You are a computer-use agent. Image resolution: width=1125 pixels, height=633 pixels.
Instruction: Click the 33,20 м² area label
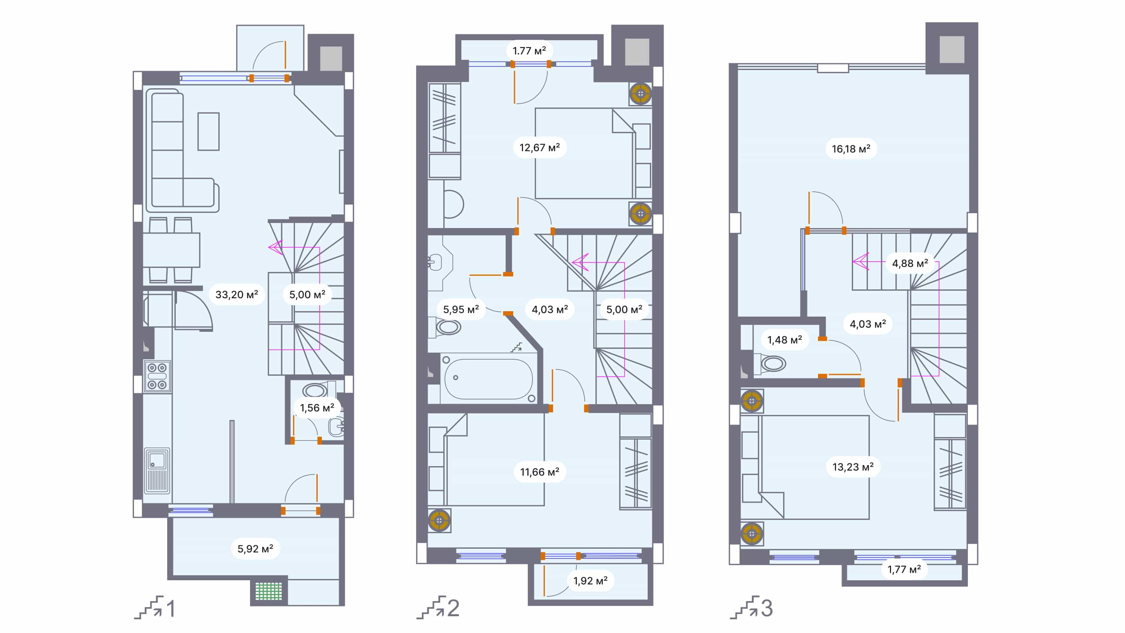point(236,295)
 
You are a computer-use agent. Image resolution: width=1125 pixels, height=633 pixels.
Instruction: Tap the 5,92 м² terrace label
point(255,549)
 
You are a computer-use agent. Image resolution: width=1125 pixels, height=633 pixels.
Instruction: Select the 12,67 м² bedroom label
point(539,148)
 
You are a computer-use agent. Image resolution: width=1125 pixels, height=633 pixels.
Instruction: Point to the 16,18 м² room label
point(851,149)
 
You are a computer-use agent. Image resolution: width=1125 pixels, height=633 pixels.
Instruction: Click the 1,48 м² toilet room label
point(784,340)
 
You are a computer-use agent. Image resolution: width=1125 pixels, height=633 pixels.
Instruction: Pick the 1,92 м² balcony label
point(590,581)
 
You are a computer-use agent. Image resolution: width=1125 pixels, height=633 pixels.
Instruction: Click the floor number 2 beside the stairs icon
point(453,608)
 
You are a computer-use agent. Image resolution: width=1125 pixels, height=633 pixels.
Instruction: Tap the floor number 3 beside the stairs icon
point(767,608)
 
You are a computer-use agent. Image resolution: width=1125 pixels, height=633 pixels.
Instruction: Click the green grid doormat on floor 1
point(269,592)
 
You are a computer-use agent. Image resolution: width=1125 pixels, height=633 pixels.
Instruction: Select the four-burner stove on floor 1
point(157,376)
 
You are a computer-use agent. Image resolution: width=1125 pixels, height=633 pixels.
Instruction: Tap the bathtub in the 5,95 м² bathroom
point(488,379)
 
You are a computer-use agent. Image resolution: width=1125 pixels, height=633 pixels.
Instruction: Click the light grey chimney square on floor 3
point(952,50)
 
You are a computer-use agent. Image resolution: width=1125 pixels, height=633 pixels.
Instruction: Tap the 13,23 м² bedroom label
point(852,467)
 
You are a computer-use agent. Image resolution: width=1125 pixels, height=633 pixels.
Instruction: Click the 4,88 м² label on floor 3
point(910,263)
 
